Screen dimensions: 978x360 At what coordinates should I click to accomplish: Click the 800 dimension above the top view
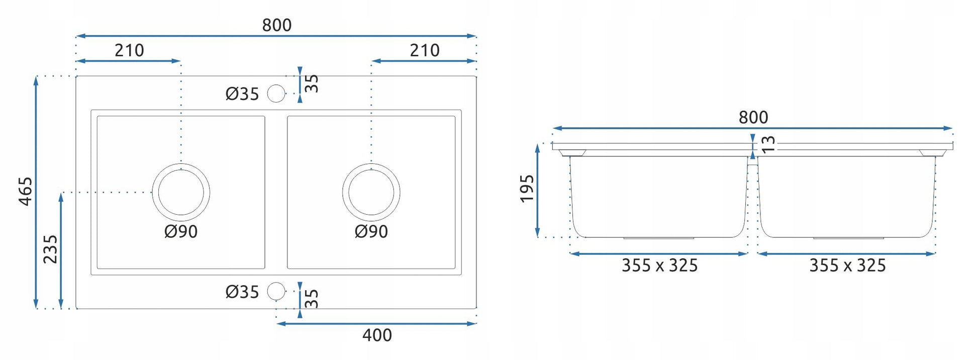(x=277, y=25)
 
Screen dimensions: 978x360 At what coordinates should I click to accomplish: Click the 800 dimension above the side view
(x=753, y=118)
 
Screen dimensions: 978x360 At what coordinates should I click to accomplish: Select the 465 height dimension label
(x=26, y=191)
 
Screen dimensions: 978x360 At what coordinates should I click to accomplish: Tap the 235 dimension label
(x=50, y=249)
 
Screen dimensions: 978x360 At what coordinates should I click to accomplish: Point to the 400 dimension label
(x=377, y=335)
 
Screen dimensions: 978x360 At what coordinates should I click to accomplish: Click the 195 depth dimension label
(x=527, y=189)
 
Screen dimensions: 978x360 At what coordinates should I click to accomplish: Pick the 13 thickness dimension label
(x=768, y=144)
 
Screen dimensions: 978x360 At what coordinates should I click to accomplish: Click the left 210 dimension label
(x=129, y=50)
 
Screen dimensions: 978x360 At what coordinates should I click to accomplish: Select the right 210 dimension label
(x=425, y=50)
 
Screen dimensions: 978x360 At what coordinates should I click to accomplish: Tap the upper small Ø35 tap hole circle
(x=276, y=94)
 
